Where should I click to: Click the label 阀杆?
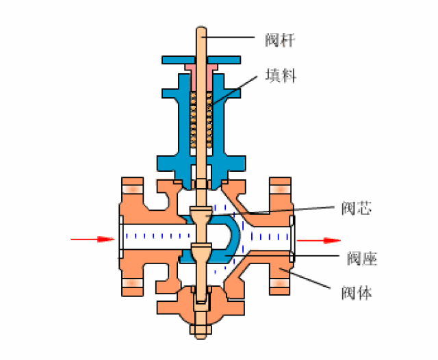click(280, 40)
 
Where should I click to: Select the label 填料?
click(281, 75)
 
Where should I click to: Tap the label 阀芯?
click(357, 208)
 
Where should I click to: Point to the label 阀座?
click(362, 258)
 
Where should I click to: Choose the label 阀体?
click(357, 293)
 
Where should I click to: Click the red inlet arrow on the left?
click(92, 240)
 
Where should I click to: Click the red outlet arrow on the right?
click(319, 240)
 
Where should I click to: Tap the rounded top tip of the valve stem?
click(201, 27)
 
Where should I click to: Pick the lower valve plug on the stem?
click(201, 252)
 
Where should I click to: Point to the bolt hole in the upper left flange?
click(132, 190)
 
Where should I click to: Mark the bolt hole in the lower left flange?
click(132, 283)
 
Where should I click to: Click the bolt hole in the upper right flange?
click(280, 190)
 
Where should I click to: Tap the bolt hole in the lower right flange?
click(280, 283)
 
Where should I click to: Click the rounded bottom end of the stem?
click(201, 337)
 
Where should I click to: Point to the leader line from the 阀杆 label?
click(228, 37)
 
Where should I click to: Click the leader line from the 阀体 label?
click(305, 278)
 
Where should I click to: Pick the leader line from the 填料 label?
click(234, 90)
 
